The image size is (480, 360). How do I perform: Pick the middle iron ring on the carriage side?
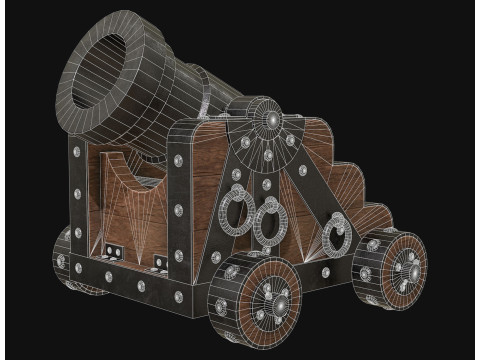pyautogui.click(x=268, y=221)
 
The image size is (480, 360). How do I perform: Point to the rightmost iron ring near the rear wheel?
pyautogui.click(x=340, y=237)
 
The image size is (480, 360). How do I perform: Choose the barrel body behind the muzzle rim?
pyautogui.click(x=185, y=85)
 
